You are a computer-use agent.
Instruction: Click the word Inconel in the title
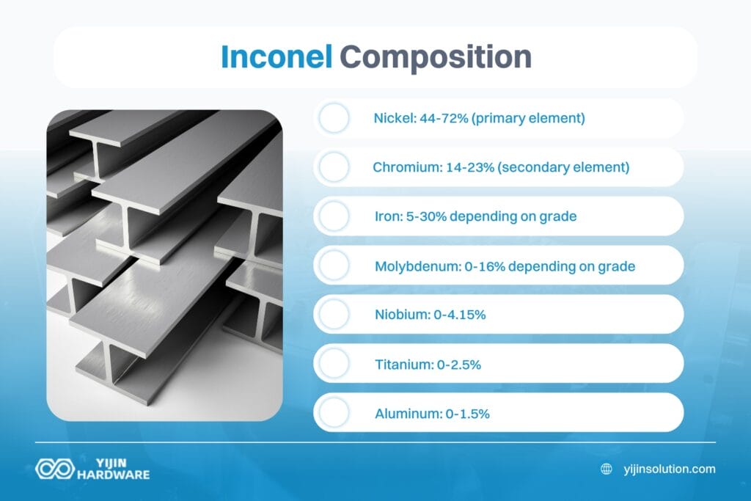pos(276,57)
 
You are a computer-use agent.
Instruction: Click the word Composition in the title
pos(435,58)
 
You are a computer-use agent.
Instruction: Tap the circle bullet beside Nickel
pos(334,118)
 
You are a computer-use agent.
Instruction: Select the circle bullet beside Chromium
pos(334,167)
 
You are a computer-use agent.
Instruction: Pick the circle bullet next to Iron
pos(334,216)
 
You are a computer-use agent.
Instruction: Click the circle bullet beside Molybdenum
pos(334,266)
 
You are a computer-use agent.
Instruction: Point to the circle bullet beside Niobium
pos(334,315)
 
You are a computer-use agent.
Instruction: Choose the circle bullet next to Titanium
pos(334,364)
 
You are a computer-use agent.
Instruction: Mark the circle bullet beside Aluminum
pos(334,413)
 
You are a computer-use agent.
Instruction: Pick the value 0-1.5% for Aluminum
pos(467,413)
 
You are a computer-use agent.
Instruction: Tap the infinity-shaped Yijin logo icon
pos(55,469)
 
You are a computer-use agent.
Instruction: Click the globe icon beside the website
pos(607,469)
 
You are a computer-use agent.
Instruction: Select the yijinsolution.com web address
pos(668,469)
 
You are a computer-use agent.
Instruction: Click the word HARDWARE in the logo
pos(114,475)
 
